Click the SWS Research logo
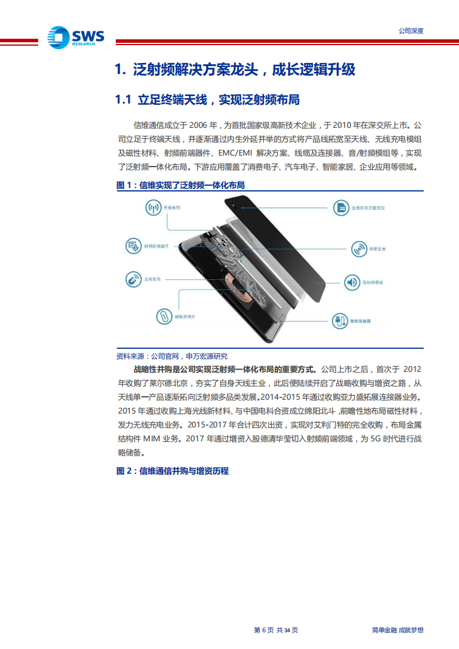coord(76,38)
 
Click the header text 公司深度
coord(411,31)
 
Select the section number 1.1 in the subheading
coord(124,100)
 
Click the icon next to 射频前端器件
coord(134,246)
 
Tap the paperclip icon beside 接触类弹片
coord(165,316)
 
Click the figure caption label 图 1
coord(124,186)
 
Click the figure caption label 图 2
coord(124,471)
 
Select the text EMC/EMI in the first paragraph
coord(236,153)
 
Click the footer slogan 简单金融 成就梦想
coord(397,630)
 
